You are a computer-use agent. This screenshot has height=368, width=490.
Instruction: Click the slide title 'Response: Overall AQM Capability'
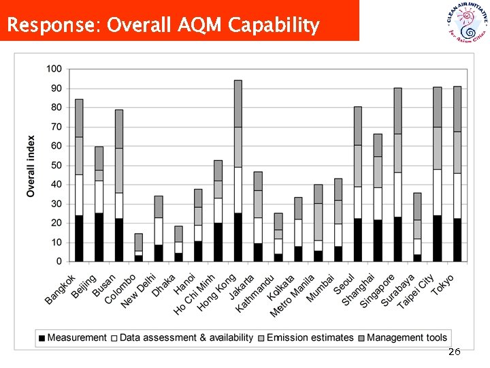(163, 26)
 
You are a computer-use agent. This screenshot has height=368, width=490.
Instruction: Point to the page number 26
(454, 352)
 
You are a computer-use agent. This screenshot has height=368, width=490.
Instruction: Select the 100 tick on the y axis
(54, 69)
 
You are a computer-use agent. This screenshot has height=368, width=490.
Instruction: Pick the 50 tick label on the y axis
(54, 165)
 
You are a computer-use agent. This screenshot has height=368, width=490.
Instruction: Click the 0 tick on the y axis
(59, 261)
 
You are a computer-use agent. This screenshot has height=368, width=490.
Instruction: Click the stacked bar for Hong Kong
(238, 170)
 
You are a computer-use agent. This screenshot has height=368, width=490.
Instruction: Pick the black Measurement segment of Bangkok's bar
(79, 239)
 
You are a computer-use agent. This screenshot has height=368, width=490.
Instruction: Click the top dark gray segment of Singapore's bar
(397, 110)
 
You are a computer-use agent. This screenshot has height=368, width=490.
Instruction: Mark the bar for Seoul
(357, 184)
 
